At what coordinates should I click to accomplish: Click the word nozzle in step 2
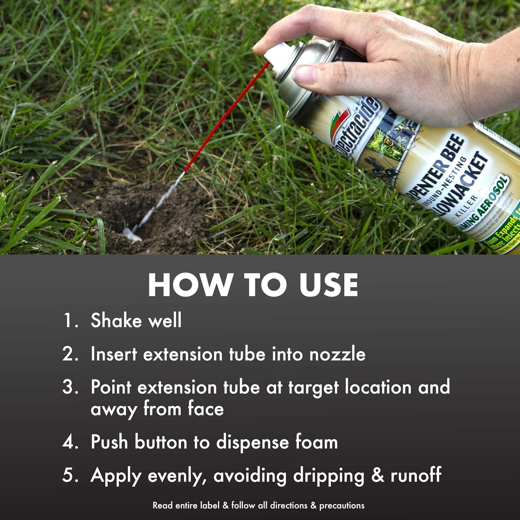click(x=337, y=354)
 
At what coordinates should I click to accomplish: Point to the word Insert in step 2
click(x=114, y=354)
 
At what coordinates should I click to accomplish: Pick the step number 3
click(x=70, y=387)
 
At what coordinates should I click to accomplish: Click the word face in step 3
click(x=205, y=409)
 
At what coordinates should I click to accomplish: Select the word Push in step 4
click(x=109, y=442)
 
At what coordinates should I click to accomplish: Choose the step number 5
click(x=70, y=475)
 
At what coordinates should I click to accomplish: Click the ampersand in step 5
click(x=377, y=475)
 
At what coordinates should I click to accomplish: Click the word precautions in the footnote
click(x=342, y=506)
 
